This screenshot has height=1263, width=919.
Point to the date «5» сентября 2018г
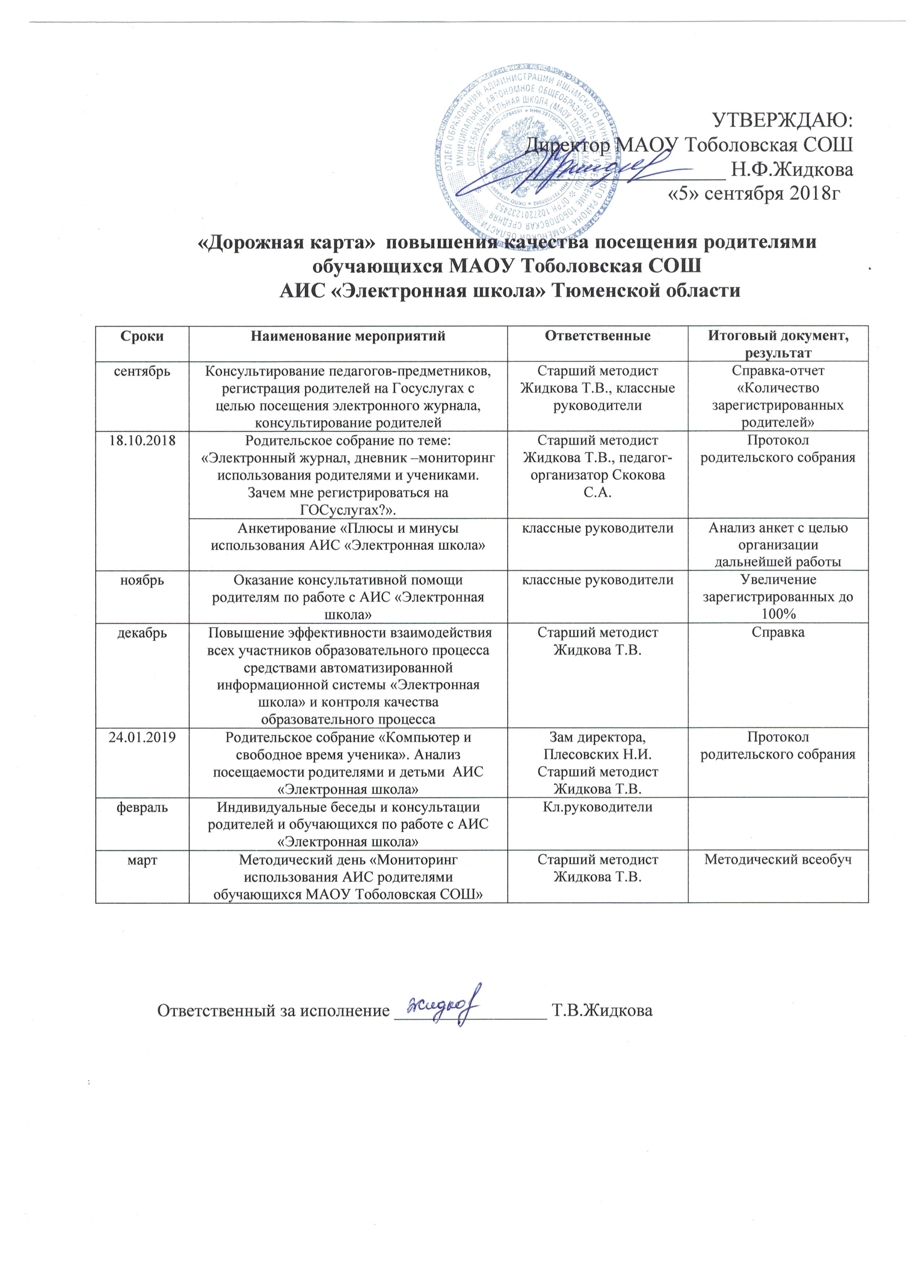[x=754, y=193]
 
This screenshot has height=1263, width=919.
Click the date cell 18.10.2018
[x=142, y=440]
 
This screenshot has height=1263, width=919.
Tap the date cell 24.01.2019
[x=142, y=737]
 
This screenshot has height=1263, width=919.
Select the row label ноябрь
[x=142, y=580]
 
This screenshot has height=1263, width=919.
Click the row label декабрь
[x=142, y=633]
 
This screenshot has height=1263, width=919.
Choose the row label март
[x=142, y=859]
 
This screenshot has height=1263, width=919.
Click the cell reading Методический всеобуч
[x=778, y=859]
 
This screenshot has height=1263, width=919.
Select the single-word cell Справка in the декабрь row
[x=778, y=633]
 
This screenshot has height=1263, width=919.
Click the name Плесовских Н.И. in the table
[x=598, y=754]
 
